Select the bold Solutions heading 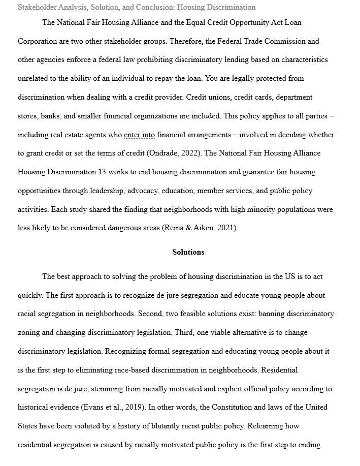(x=188, y=252)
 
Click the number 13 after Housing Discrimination (x=102, y=172)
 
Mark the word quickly (x=30, y=295)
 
